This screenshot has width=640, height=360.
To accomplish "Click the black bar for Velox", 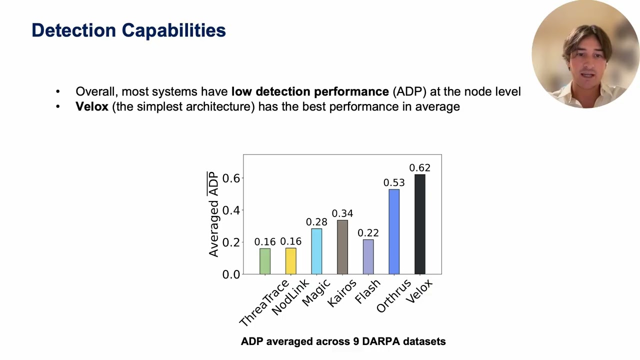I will pos(419,224).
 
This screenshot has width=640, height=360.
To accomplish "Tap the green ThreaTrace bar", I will pos(265,261).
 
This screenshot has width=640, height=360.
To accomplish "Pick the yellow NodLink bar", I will pos(290,261).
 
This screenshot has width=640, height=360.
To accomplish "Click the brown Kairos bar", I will pos(342,247).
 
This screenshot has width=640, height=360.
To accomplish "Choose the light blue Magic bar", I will pos(316,251).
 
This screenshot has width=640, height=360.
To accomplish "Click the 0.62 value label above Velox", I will pos(419,168).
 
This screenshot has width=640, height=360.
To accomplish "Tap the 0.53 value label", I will pos(394,183).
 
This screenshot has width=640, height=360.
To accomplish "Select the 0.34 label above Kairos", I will pos(342,214).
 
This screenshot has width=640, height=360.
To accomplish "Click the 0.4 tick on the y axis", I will pos(231,210).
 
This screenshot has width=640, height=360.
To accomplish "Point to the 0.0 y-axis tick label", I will pos(231,274).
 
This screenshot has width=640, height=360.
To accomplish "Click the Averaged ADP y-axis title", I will pos(213,214).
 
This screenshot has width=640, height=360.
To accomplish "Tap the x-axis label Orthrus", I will pos(394,296).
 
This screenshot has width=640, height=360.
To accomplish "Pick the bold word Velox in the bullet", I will pos(92,106).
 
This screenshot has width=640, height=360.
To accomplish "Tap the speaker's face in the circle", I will pos(586,65).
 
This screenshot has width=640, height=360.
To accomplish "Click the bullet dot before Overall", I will pos(58,91).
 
